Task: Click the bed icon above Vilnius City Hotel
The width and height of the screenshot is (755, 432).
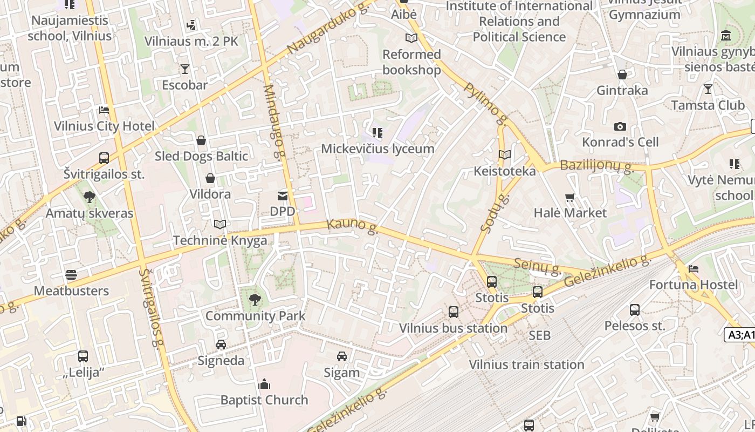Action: point(104,110)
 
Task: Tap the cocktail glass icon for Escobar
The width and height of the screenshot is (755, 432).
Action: point(185,69)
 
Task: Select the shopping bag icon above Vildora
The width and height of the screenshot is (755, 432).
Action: point(210,178)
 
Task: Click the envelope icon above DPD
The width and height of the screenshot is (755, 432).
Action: point(283,195)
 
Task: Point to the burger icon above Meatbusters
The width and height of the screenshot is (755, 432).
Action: point(71,275)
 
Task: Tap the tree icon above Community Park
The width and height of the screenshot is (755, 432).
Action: point(255,299)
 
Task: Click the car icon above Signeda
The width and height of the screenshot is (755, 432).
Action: point(221,345)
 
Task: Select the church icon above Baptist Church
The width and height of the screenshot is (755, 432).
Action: point(264,384)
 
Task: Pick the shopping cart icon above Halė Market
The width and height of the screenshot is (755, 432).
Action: point(570,197)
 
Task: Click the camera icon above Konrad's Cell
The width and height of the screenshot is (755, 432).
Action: point(620,126)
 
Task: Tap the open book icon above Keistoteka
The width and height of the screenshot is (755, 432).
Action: point(505,155)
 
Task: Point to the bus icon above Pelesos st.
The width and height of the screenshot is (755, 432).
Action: point(635,310)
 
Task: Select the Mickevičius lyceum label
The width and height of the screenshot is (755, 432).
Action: point(377,148)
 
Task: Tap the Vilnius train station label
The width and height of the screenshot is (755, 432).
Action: point(526,364)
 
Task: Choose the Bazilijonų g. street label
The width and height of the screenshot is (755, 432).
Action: point(596,166)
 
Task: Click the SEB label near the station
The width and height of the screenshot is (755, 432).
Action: point(539,335)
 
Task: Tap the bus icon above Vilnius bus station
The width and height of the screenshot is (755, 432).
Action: point(454,312)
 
